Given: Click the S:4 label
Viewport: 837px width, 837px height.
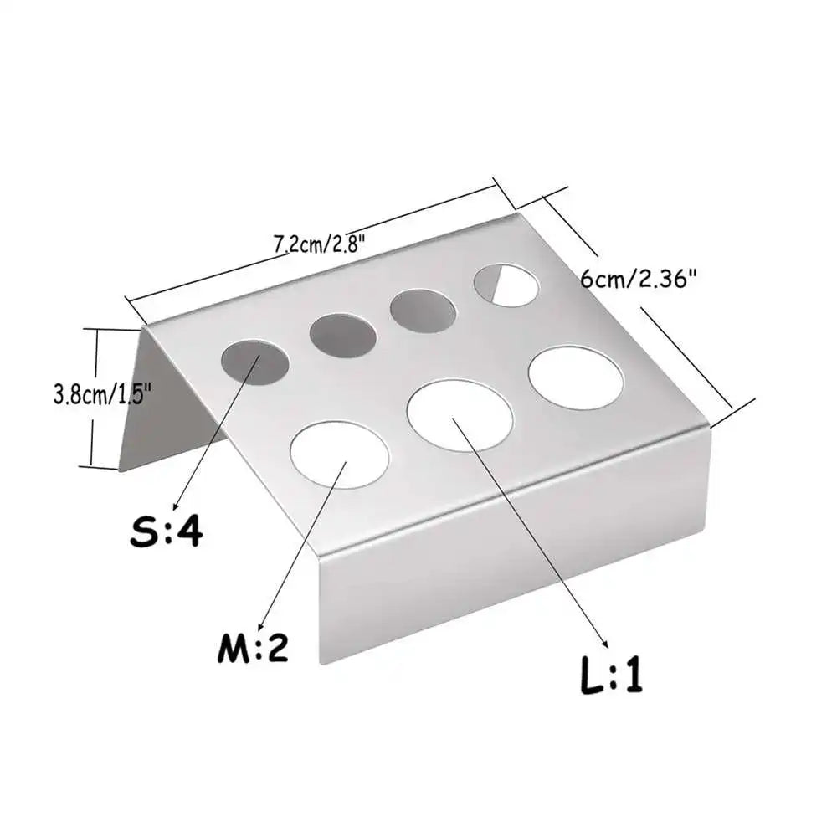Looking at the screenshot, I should [166, 531].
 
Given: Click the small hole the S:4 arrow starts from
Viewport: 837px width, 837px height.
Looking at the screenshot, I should [254, 362].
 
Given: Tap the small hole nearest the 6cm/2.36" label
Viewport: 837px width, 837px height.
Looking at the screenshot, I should [506, 285].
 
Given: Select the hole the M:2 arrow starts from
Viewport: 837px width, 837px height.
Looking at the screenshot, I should [340, 454].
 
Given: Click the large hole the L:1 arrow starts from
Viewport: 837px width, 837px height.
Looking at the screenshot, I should [460, 414].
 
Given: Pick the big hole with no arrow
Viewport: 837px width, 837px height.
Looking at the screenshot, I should [576, 377].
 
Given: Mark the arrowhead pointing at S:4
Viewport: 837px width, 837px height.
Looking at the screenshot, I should [174, 505].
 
